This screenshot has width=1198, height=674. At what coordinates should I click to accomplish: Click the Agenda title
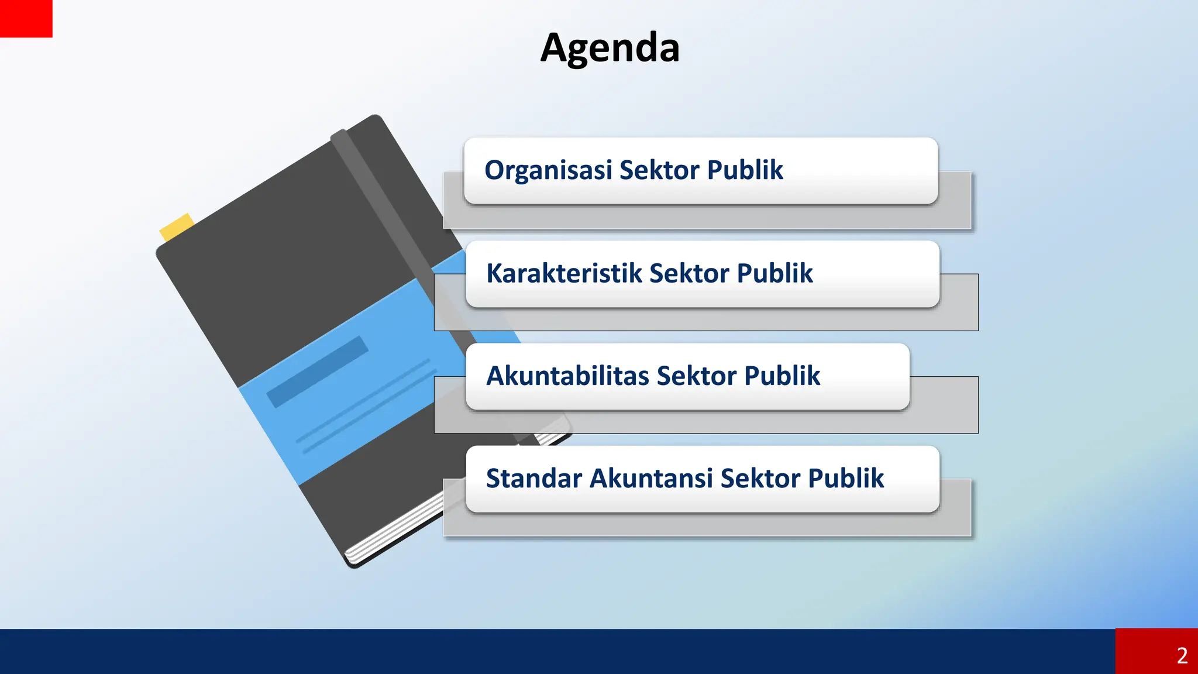(610, 48)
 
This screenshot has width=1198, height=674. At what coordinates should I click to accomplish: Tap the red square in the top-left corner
(26, 18)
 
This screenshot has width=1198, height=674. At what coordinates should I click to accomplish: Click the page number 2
(1182, 655)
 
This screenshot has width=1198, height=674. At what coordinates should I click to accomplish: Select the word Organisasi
(548, 170)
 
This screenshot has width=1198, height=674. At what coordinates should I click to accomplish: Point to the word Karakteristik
(563, 273)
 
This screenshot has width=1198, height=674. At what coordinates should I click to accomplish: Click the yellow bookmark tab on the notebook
(175, 227)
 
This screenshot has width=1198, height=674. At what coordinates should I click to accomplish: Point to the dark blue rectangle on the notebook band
(317, 372)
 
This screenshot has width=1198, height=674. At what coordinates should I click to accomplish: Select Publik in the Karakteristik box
(774, 273)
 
